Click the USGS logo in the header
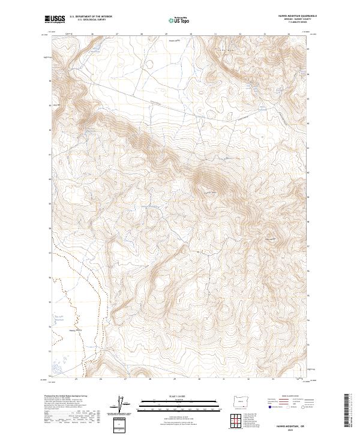tap(55, 19)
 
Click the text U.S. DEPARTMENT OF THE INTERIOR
tap(91, 16)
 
